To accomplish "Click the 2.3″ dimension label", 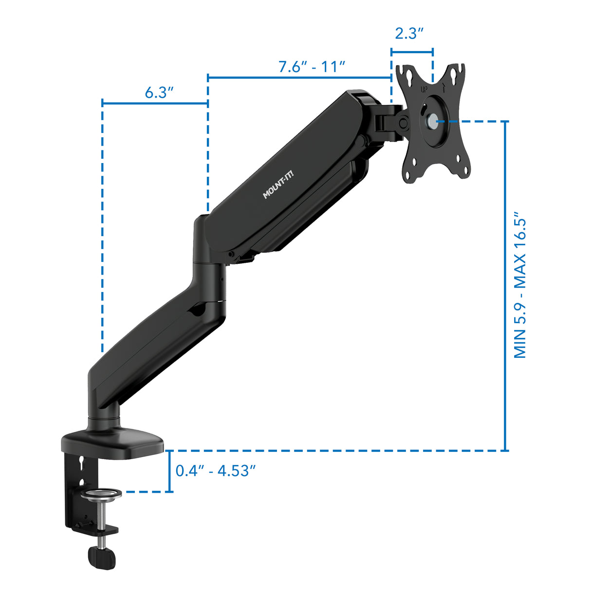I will tap(409, 34).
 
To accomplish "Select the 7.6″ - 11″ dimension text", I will tap(312, 67).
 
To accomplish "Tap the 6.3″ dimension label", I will tap(159, 92).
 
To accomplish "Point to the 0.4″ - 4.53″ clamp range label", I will tap(216, 471).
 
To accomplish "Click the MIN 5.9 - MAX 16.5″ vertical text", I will tap(520, 285).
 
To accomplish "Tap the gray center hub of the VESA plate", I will tap(432, 121).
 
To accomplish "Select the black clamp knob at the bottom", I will tap(102, 558).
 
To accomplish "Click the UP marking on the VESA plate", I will tap(424, 89).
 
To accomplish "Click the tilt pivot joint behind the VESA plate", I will tap(403, 123).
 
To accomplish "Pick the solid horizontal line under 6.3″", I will tap(155, 103).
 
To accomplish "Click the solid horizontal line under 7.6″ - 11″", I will tap(299, 77).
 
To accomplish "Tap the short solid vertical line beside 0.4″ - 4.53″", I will tap(169, 471).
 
